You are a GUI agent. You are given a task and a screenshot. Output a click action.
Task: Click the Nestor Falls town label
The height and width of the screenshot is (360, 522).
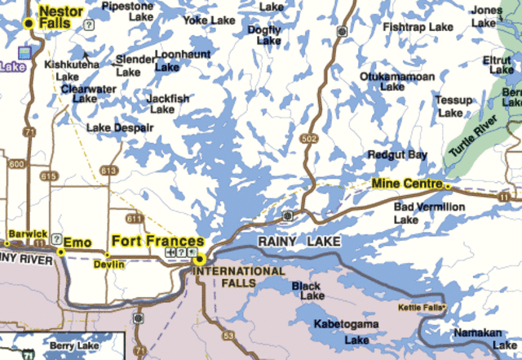click(x=60, y=16)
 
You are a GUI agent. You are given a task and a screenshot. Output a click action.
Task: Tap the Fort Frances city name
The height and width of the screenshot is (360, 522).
click(x=157, y=241)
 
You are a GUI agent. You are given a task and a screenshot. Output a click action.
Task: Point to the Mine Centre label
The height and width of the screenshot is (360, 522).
click(x=406, y=184)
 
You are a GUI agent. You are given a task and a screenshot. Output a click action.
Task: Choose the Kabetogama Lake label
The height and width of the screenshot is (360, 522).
click(x=346, y=331)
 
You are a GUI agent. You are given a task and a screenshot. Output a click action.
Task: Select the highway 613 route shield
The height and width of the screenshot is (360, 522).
click(x=108, y=170)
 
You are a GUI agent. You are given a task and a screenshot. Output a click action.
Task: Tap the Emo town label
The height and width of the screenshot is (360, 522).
click(x=78, y=242)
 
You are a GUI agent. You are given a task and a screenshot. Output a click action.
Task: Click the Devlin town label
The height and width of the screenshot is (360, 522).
click(x=108, y=264)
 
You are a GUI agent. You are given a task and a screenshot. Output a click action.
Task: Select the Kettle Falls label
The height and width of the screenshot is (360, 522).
click(x=422, y=308)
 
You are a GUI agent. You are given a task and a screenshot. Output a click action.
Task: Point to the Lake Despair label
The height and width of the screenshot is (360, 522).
click(x=120, y=128)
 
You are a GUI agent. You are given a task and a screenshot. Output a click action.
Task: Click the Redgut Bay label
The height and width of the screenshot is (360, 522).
click(x=397, y=154)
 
